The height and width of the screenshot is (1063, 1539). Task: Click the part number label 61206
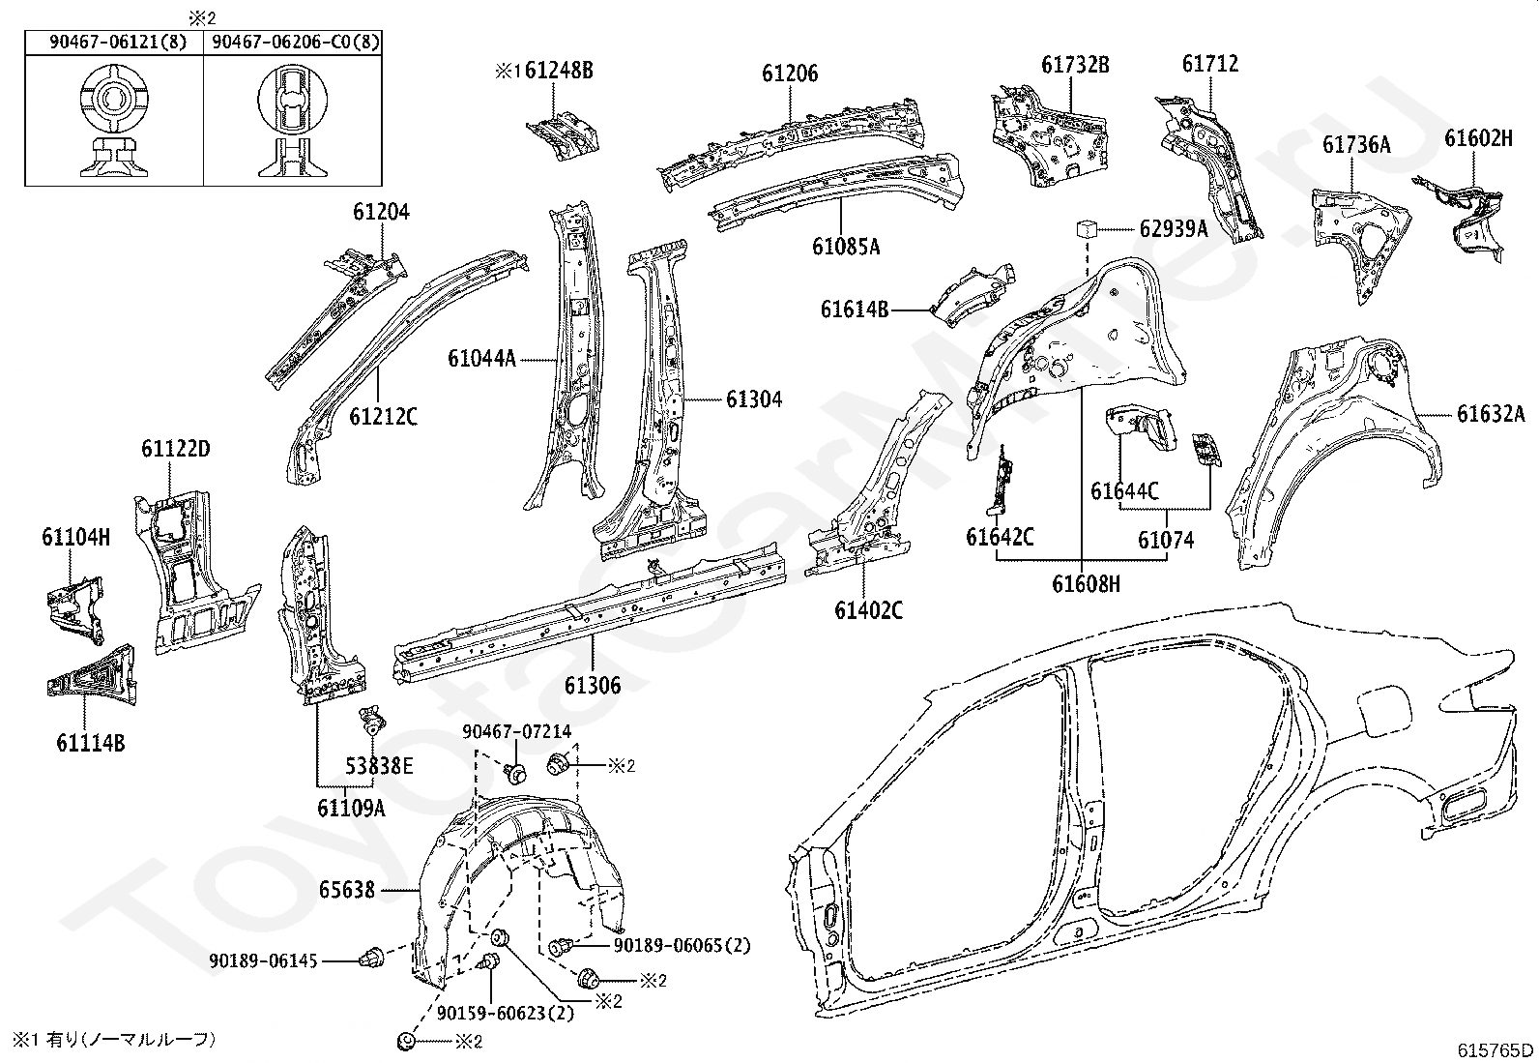point(790,73)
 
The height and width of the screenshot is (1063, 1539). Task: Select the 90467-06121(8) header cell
point(115,43)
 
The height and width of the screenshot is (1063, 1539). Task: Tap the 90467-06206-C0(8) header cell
point(293,43)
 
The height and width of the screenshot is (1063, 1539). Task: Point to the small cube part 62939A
point(1086,228)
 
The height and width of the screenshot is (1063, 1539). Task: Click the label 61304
point(754,399)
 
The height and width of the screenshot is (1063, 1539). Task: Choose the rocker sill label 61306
point(593,685)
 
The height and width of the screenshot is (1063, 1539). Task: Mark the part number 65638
point(347,890)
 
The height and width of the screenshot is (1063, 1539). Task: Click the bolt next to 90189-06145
point(372,957)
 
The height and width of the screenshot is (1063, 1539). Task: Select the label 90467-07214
point(516,731)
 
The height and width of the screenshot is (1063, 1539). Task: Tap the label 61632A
point(1491,414)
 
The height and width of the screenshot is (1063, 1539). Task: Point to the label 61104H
point(75,537)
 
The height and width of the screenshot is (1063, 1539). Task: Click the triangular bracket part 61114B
point(92,675)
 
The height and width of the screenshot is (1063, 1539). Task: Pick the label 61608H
point(1086,584)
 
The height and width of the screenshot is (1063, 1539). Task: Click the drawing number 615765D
point(1495,1050)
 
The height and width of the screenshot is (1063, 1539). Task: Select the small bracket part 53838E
point(372,721)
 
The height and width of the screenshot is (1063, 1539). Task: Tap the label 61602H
point(1478,138)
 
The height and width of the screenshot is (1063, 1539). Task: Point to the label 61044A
point(481,358)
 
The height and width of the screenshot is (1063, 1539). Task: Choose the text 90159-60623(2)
point(506,1013)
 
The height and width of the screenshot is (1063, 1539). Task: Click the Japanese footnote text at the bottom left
point(114,1039)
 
